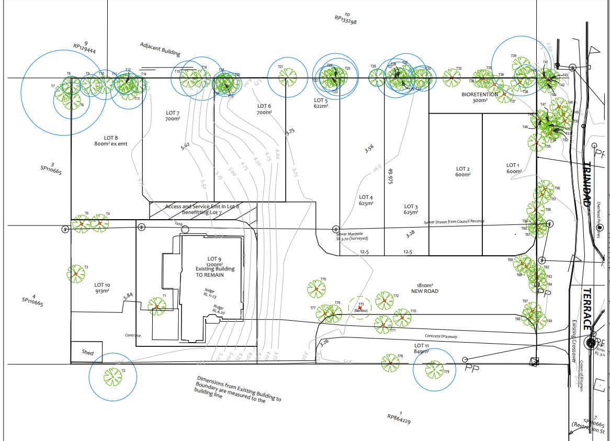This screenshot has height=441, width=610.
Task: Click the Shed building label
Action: point(87,353)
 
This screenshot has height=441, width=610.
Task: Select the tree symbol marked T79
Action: point(434,370)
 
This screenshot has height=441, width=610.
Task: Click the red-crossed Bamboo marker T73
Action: point(360,307)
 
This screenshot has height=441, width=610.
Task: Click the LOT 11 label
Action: point(422,346)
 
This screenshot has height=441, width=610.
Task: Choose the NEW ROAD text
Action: point(424,291)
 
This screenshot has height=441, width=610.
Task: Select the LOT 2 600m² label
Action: point(462,172)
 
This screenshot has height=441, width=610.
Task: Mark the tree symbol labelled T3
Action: point(76,274)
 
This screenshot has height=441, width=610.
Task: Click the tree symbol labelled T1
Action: point(156,305)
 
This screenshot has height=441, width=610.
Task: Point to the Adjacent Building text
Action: point(160,49)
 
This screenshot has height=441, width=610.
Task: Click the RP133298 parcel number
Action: point(345,20)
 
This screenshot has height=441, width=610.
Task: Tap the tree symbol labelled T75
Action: point(316,289)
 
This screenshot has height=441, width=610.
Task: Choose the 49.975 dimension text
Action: point(390,176)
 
